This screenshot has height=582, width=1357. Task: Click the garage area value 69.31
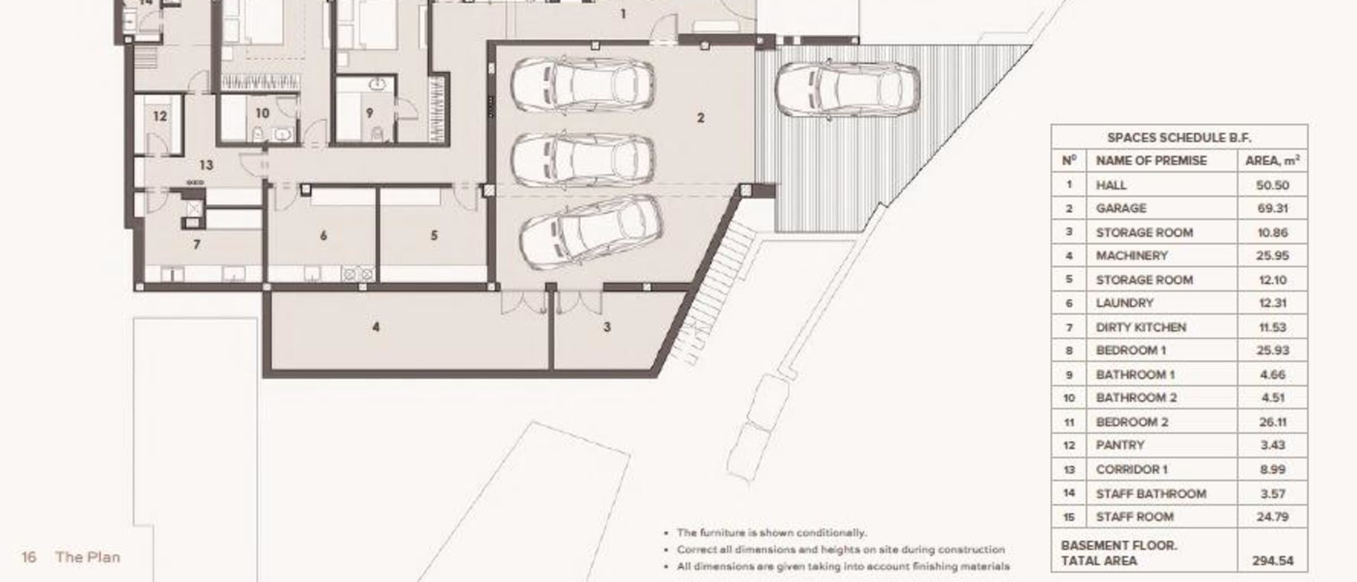(x=1272, y=208)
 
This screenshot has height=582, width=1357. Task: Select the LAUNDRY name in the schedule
(x=1124, y=303)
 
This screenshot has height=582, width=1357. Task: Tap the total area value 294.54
(x=1272, y=561)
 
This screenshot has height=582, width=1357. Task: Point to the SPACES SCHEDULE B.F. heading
(x=1179, y=137)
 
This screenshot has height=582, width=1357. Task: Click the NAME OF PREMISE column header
(x=1151, y=161)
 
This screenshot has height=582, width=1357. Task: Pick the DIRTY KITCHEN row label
(x=1141, y=327)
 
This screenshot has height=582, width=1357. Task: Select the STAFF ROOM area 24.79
(x=1272, y=517)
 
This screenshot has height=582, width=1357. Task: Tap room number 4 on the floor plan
(x=376, y=327)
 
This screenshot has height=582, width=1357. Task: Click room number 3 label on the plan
(x=607, y=327)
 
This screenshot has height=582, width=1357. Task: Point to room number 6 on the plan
(x=323, y=235)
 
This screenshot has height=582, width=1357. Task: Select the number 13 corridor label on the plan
(x=206, y=165)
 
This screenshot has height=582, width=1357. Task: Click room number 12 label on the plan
(x=160, y=116)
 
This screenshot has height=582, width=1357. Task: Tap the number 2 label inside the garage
(x=701, y=118)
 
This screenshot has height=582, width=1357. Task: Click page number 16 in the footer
(x=29, y=557)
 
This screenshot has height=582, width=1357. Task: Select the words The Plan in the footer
(x=88, y=557)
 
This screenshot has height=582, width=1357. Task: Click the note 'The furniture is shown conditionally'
(x=771, y=533)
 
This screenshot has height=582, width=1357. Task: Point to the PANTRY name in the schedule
(x=1120, y=445)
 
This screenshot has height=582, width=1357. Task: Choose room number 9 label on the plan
(x=369, y=113)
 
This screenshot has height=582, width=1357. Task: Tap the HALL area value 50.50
(x=1272, y=185)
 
